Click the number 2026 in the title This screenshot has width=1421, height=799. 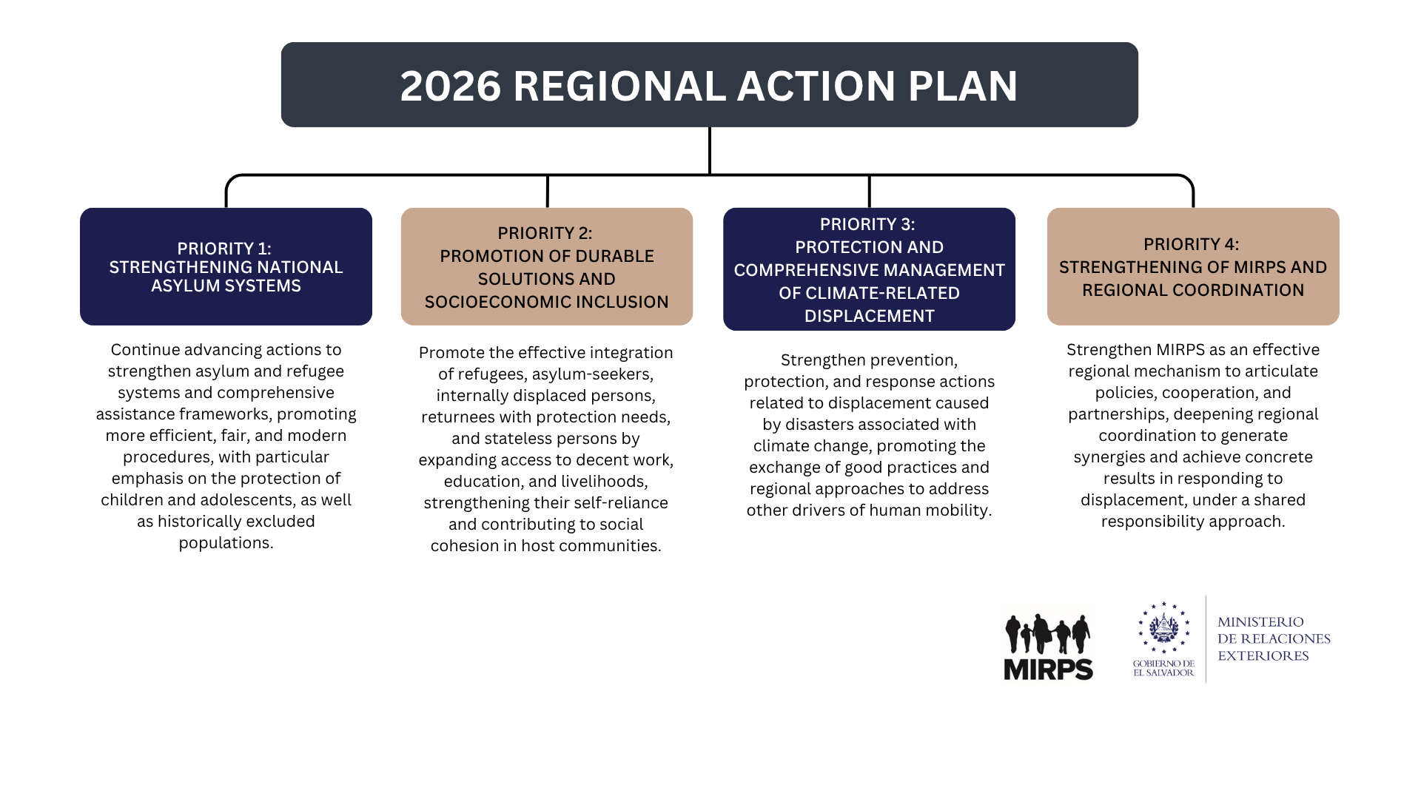pos(450,86)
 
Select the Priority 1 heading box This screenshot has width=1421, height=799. pos(226,266)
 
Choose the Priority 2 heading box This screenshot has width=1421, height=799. pos(546,266)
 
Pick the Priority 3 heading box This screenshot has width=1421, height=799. pos(869,269)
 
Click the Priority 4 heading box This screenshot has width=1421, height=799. pos(1192,266)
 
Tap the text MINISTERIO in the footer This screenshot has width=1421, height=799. pos(1260,622)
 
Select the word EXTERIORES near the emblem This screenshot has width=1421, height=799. pos(1263,655)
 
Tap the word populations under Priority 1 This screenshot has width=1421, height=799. pos(226,543)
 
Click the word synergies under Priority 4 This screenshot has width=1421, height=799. pos(1109,457)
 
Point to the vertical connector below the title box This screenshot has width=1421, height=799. pos(709,150)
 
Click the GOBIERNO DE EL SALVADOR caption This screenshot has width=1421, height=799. pos(1163,668)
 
